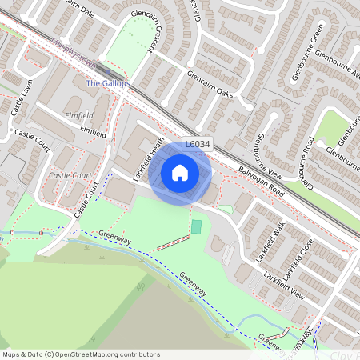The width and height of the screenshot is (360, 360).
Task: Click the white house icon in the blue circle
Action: point(180,172)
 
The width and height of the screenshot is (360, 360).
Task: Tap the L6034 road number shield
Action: point(198,144)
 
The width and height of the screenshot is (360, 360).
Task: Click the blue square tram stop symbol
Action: point(109,73)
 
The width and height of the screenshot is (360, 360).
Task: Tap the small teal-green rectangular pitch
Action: point(197,226)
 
